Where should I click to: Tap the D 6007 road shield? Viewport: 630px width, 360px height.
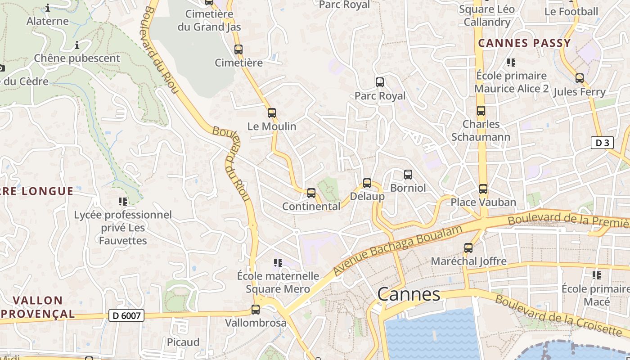click(x=126, y=316)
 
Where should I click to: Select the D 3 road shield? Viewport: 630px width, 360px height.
click(x=602, y=143)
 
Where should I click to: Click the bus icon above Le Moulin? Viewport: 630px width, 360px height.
click(x=271, y=113)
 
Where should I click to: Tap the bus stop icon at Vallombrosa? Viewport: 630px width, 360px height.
click(x=256, y=310)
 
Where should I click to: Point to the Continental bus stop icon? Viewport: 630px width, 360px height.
click(x=311, y=193)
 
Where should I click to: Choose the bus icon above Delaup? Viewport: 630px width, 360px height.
click(x=367, y=183)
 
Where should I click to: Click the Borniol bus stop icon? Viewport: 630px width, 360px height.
click(x=408, y=174)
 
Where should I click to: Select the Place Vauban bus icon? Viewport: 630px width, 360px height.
click(x=483, y=189)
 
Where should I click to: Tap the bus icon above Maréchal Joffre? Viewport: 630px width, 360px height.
click(x=468, y=247)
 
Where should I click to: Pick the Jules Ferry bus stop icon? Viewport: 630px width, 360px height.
click(x=580, y=78)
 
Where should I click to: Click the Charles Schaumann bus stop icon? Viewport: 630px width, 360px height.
click(x=481, y=111)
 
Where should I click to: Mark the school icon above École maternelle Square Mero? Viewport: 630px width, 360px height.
click(x=278, y=262)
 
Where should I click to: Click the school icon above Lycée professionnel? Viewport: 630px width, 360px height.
click(x=123, y=201)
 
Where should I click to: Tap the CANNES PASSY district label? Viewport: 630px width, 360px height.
click(x=524, y=43)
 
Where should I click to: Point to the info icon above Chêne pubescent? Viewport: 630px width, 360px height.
click(x=77, y=45)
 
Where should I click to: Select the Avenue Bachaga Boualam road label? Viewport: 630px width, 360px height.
click(x=398, y=250)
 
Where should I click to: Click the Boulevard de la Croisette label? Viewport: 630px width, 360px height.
click(x=558, y=316)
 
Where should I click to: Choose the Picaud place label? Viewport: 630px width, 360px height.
click(x=183, y=342)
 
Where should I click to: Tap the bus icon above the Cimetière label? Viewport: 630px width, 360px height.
click(x=238, y=49)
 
